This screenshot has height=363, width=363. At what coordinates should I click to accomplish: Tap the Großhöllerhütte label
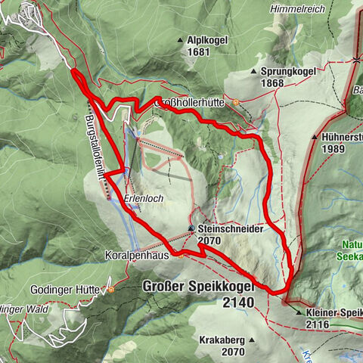pyautogui.click(x=194, y=104)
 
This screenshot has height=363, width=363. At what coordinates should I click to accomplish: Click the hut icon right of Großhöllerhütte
pyautogui.click(x=236, y=103)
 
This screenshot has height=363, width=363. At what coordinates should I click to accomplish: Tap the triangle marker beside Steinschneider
pyautogui.click(x=191, y=228)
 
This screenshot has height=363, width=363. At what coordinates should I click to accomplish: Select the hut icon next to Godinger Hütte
pyautogui.click(x=110, y=289)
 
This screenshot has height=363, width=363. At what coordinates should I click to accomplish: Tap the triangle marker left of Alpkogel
pyautogui.click(x=180, y=40)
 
